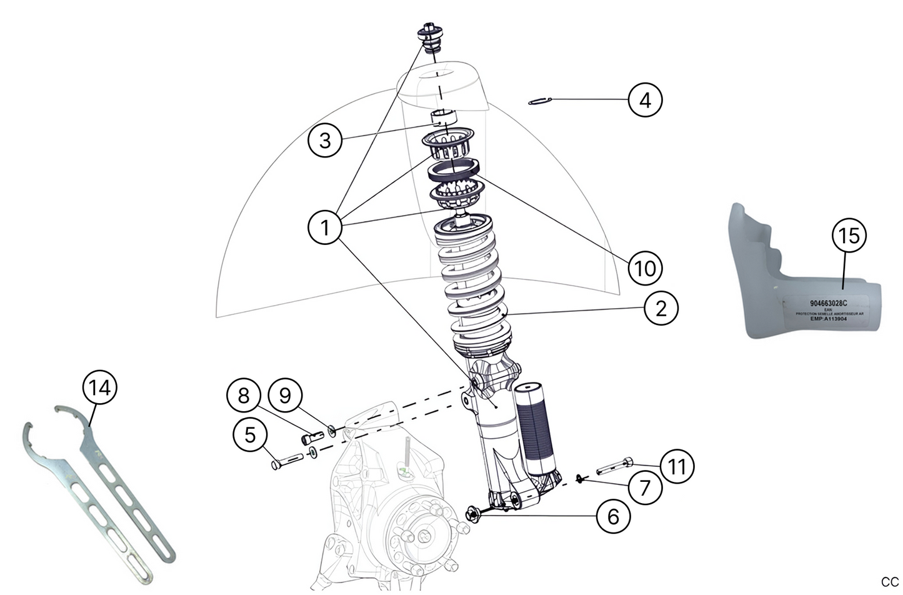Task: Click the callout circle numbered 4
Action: pyautogui.click(x=645, y=99)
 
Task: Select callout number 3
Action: pyautogui.click(x=325, y=140)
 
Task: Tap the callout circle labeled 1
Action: pyautogui.click(x=325, y=227)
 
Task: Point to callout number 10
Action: pyautogui.click(x=645, y=268)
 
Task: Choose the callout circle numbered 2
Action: pyautogui.click(x=661, y=307)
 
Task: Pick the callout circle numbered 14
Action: pyautogui.click(x=100, y=387)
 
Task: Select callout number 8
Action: pyautogui.click(x=244, y=395)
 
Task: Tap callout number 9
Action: pyautogui.click(x=285, y=395)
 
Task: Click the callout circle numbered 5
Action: pyautogui.click(x=250, y=434)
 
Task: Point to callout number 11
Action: pyautogui.click(x=677, y=466)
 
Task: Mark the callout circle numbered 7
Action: pyautogui.click(x=644, y=486)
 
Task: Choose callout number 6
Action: pyautogui.click(x=613, y=516)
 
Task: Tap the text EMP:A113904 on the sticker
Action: pyautogui.click(x=828, y=318)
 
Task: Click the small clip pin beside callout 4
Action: pyautogui.click(x=539, y=101)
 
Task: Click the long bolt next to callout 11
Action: pyautogui.click(x=614, y=466)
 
